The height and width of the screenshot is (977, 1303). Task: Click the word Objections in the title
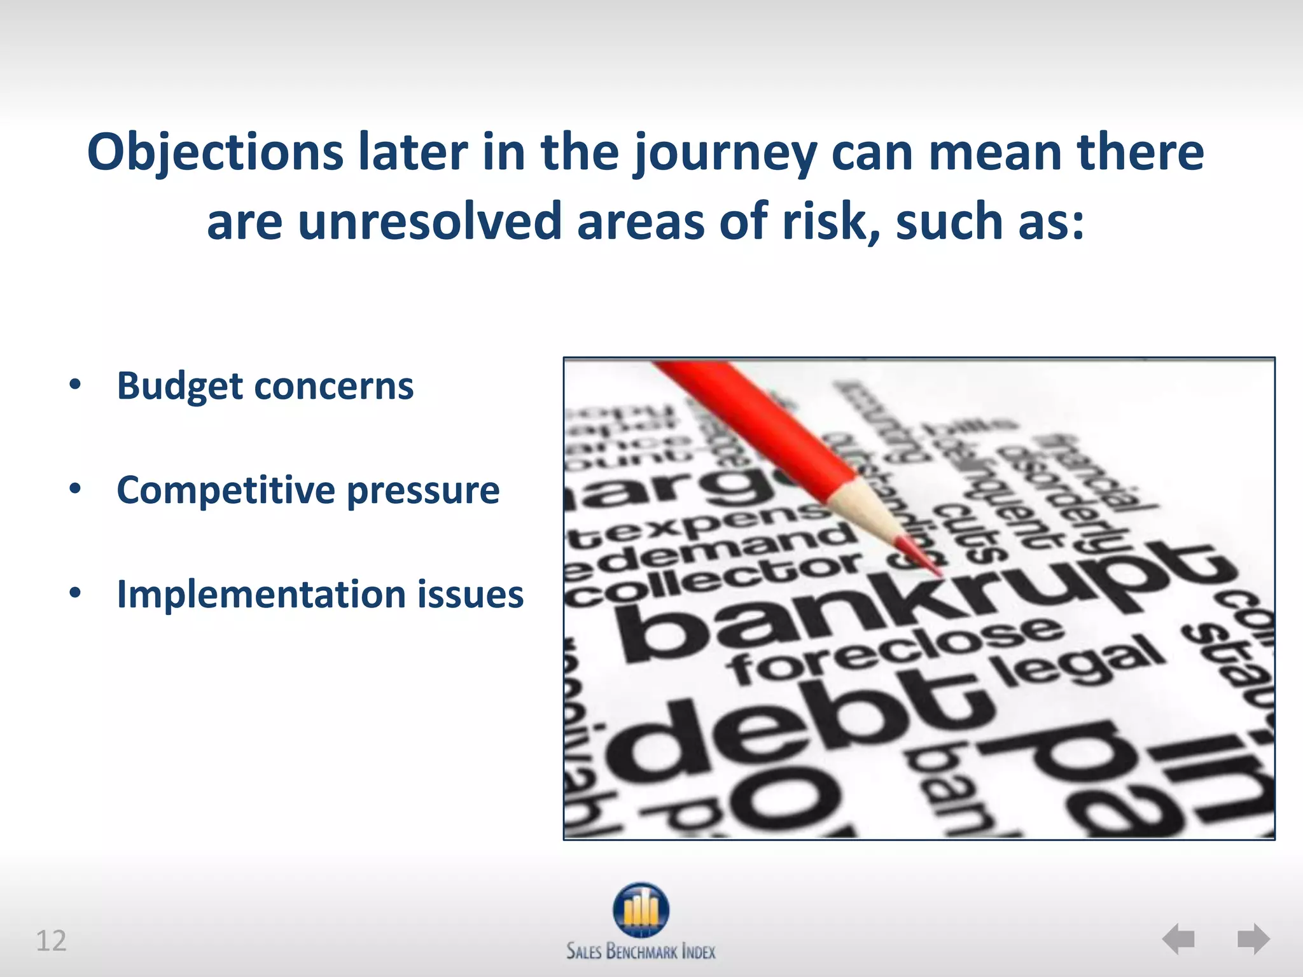pyautogui.click(x=215, y=153)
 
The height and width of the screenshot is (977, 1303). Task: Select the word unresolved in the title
pyautogui.click(x=429, y=222)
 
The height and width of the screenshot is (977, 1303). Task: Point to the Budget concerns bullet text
pyautogui.click(x=265, y=386)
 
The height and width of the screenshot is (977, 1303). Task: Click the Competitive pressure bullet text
pyautogui.click(x=308, y=490)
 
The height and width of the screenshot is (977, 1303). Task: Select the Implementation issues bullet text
pyautogui.click(x=320, y=595)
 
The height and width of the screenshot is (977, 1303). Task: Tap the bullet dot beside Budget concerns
pyautogui.click(x=76, y=385)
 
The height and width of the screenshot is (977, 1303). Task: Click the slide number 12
pyautogui.click(x=51, y=941)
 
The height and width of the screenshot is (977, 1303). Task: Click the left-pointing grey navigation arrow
pyautogui.click(x=1179, y=939)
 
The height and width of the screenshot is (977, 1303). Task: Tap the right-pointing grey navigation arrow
pyautogui.click(x=1253, y=939)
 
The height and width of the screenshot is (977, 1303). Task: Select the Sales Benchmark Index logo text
pyautogui.click(x=641, y=952)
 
